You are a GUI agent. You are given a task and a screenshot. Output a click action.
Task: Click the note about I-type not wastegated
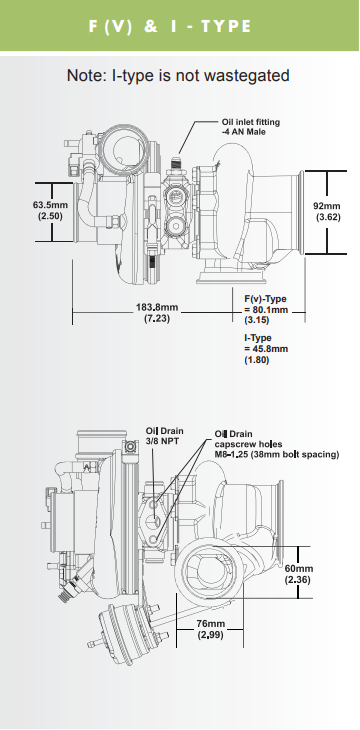tap(178, 75)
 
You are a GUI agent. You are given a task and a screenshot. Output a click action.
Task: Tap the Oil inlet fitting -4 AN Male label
tap(250, 126)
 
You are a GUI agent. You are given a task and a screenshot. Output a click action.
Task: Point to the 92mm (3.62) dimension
tap(328, 211)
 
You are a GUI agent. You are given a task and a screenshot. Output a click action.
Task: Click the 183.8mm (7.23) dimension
tap(156, 313)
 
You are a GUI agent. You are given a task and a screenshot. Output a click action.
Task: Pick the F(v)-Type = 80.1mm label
tap(266, 310)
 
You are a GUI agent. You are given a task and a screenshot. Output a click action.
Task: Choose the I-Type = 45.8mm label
tap(266, 349)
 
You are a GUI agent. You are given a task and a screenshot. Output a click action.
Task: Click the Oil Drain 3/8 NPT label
tap(164, 435)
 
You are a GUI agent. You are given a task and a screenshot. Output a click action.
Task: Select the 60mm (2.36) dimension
tap(299, 573)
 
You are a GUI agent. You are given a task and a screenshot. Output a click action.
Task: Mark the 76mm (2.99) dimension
tap(209, 629)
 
